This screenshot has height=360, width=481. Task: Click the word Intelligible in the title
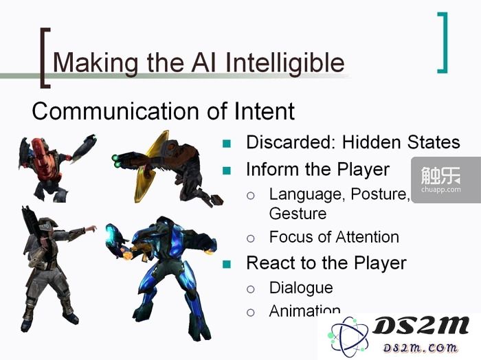pos(284,63)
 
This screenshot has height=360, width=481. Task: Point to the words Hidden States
pos(401,142)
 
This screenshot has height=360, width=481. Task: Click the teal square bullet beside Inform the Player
pos(227,170)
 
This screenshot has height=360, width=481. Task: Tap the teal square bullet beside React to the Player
pos(227,264)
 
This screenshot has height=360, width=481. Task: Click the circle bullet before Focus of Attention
pos(251,238)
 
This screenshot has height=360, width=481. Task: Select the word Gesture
pos(298,214)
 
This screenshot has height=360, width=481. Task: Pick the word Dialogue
pos(301,288)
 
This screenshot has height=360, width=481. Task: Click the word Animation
pos(304,311)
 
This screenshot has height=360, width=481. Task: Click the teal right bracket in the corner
pos(443,43)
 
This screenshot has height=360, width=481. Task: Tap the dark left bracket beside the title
pos(45,58)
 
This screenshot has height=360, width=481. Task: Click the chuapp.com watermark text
pos(441,190)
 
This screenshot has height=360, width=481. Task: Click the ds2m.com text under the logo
pos(421,348)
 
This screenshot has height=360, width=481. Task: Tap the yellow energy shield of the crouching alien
pos(151,167)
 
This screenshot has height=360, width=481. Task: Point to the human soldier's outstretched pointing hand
pos(91,229)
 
